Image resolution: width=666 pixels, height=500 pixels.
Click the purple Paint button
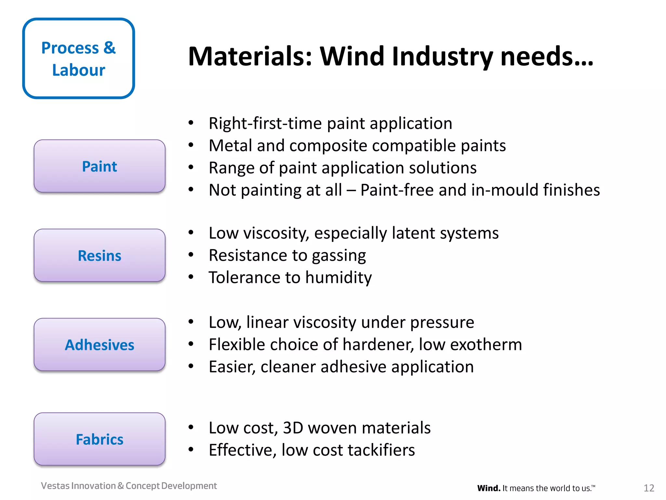click(x=100, y=166)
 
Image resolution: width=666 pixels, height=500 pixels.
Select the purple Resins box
click(x=100, y=256)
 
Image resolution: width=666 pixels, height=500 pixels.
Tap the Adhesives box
click(x=100, y=345)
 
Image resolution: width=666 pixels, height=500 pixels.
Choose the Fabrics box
click(x=100, y=439)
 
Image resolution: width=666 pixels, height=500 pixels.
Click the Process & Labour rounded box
click(x=78, y=59)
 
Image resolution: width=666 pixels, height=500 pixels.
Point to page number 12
click(x=649, y=488)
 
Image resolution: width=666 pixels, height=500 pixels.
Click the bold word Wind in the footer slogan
click(x=488, y=488)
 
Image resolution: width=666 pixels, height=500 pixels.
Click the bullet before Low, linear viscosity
click(x=191, y=322)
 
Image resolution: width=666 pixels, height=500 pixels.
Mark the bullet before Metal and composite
click(x=191, y=145)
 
